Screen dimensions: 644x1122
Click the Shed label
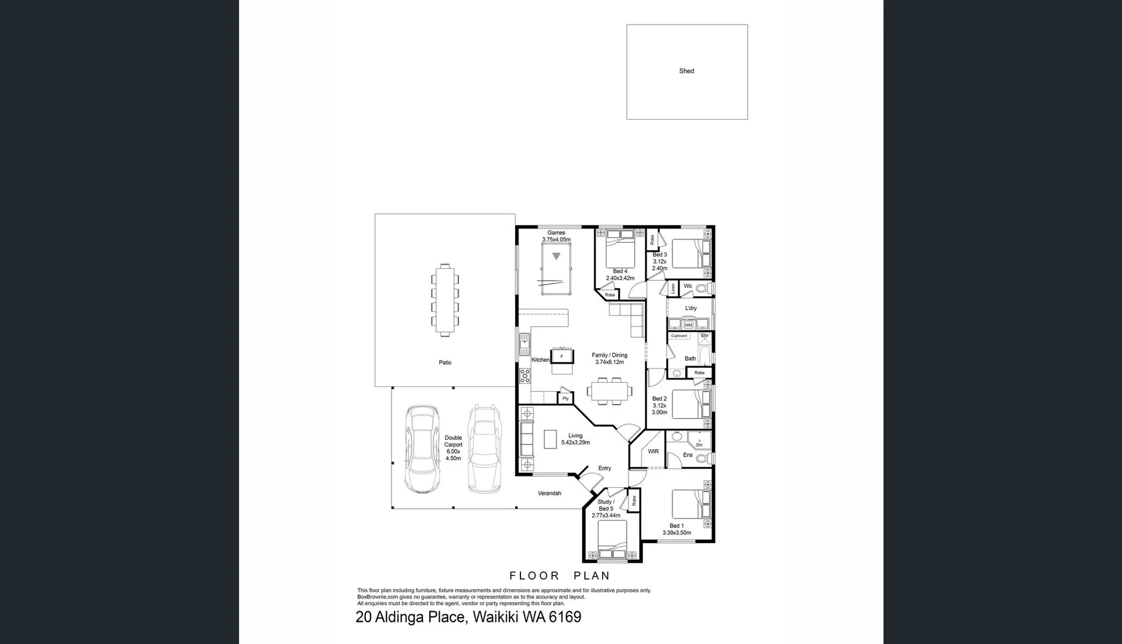click(x=686, y=71)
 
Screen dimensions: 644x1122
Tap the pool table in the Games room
click(x=556, y=268)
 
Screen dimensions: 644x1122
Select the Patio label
click(x=445, y=363)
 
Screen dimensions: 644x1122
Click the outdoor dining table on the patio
click(x=445, y=301)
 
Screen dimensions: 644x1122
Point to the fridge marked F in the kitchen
click(x=562, y=357)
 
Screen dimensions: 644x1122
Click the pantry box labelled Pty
click(x=565, y=398)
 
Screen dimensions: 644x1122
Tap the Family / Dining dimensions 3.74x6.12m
click(x=609, y=362)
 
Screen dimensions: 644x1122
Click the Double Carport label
click(x=453, y=448)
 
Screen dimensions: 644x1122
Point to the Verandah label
click(x=549, y=493)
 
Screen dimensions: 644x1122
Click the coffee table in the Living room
click(x=550, y=439)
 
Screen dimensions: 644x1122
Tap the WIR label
click(x=653, y=451)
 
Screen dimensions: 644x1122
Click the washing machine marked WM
click(x=689, y=325)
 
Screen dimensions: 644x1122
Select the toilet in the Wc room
click(x=702, y=289)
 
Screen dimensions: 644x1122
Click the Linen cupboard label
click(x=673, y=288)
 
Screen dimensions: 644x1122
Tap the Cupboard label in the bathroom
click(x=679, y=336)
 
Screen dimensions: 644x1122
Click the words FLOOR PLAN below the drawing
click(x=559, y=576)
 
